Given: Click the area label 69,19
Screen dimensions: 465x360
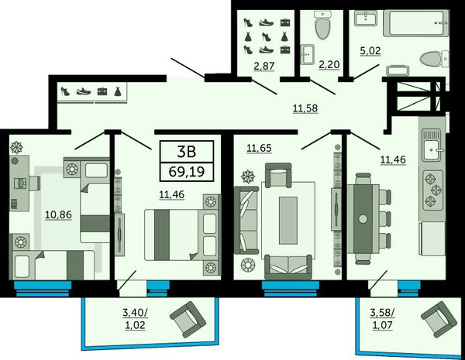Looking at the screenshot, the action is click(187, 172).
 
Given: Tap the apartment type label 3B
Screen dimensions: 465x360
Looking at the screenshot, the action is click(187, 152).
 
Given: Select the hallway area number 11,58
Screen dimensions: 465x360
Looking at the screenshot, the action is click(305, 108).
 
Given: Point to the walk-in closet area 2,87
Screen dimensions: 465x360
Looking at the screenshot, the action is click(264, 66).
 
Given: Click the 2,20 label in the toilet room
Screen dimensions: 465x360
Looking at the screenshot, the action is click(329, 64).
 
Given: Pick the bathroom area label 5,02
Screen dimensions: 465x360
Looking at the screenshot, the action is click(370, 50).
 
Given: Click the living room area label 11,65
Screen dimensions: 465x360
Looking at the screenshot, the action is click(259, 148).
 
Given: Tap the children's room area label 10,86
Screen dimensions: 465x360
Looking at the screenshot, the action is click(58, 214).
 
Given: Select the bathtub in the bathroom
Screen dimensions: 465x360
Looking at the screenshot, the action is click(415, 23).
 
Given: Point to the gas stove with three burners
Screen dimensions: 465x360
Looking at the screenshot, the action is click(433, 190).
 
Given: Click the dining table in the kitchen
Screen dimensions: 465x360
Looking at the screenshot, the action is click(363, 218).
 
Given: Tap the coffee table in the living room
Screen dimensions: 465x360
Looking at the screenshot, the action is click(288, 221).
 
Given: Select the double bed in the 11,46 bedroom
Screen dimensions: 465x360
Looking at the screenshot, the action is click(182, 235).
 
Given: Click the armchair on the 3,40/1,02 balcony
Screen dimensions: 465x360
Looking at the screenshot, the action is click(188, 320).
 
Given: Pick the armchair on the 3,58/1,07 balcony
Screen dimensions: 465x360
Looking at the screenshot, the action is click(439, 320).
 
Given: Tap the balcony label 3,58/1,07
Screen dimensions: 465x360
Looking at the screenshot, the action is click(382, 319).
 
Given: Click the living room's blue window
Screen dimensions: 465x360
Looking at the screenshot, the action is click(291, 289).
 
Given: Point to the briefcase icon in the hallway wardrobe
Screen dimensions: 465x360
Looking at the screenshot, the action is click(102, 91).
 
